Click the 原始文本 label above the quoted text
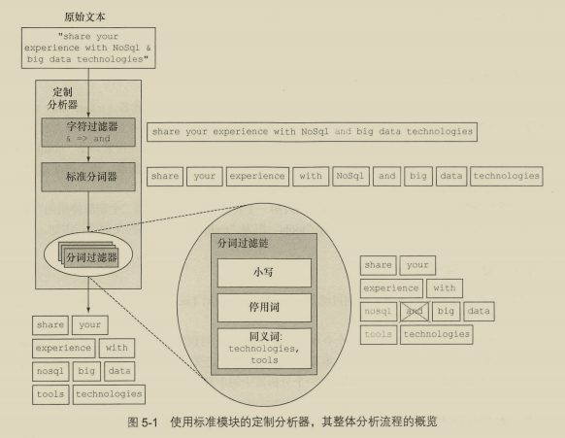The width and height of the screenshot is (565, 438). click(x=84, y=17)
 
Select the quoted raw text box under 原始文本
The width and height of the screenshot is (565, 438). click(x=88, y=48)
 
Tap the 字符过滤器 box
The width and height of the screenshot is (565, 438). click(x=88, y=132)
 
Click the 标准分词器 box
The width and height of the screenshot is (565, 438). click(x=88, y=177)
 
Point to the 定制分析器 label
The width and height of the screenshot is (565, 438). click(x=62, y=98)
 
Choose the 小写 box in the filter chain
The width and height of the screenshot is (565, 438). click(x=264, y=273)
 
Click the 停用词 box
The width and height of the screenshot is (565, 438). click(x=264, y=308)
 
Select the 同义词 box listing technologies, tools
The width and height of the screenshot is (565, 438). click(x=264, y=349)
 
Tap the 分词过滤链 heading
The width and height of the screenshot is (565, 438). click(x=243, y=243)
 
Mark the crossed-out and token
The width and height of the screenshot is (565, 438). click(x=415, y=311)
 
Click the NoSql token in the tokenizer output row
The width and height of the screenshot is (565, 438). click(x=350, y=177)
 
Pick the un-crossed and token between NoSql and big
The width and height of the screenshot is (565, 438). click(x=386, y=177)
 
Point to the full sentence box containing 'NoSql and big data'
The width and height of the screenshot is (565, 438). click(x=312, y=132)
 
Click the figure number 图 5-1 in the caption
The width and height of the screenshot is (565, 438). click(x=143, y=421)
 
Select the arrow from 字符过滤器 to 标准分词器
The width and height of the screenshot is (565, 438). click(x=88, y=154)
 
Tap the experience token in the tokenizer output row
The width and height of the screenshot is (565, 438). click(x=257, y=177)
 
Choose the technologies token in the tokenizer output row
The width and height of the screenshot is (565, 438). click(x=506, y=177)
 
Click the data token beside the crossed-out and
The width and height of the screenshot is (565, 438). click(x=479, y=311)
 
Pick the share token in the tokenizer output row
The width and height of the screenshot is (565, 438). click(x=165, y=177)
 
